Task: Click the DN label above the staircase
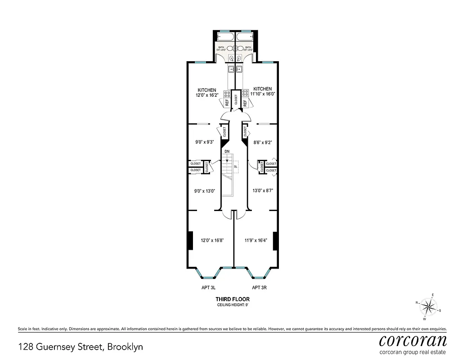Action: (x=227, y=152)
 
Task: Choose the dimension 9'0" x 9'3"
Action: (x=204, y=142)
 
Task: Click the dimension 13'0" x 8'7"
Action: (x=263, y=190)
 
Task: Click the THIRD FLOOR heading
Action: (x=233, y=299)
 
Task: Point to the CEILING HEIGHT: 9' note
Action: (x=233, y=305)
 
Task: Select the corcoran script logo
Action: (x=413, y=340)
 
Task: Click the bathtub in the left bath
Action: (x=225, y=36)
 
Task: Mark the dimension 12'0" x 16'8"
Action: (x=212, y=240)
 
